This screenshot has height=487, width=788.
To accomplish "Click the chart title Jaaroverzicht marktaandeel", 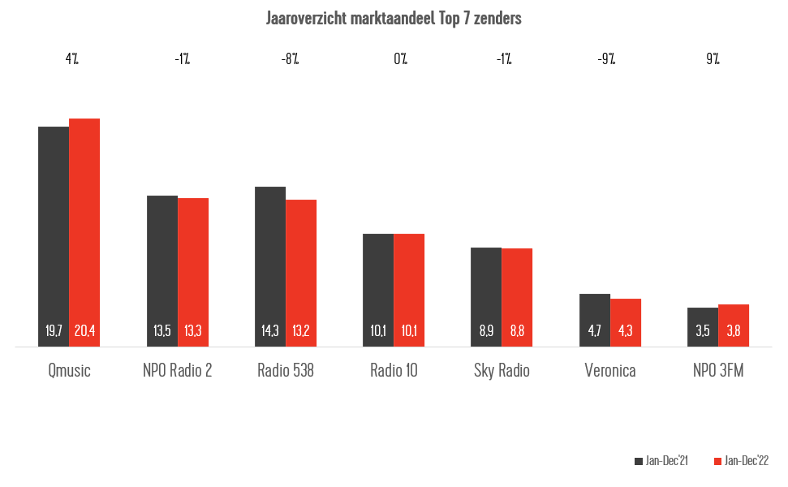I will pyautogui.click(x=394, y=19).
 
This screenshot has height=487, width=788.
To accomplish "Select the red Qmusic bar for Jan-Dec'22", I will pyautogui.click(x=84, y=227).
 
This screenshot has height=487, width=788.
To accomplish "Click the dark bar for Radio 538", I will pyautogui.click(x=270, y=260).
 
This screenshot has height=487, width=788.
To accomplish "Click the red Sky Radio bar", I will pyautogui.click(x=517, y=292).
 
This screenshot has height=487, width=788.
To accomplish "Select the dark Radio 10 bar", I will pyautogui.click(x=378, y=284).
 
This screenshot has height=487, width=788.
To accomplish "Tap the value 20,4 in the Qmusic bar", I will pyautogui.click(x=84, y=331).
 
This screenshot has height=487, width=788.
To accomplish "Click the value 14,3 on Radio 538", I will pyautogui.click(x=270, y=331).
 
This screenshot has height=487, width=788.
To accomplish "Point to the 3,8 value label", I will pyautogui.click(x=734, y=331).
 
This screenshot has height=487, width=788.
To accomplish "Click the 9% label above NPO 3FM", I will pyautogui.click(x=712, y=59).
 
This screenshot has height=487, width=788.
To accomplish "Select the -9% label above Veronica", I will pyautogui.click(x=605, y=59).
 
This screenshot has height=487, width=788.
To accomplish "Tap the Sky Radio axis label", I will pyautogui.click(x=502, y=371).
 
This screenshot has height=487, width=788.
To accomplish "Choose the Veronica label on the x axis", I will pyautogui.click(x=610, y=371).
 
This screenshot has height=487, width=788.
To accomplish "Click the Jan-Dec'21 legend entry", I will pyautogui.click(x=661, y=461).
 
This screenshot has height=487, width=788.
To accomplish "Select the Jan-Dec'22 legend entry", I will pyautogui.click(x=741, y=461).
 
